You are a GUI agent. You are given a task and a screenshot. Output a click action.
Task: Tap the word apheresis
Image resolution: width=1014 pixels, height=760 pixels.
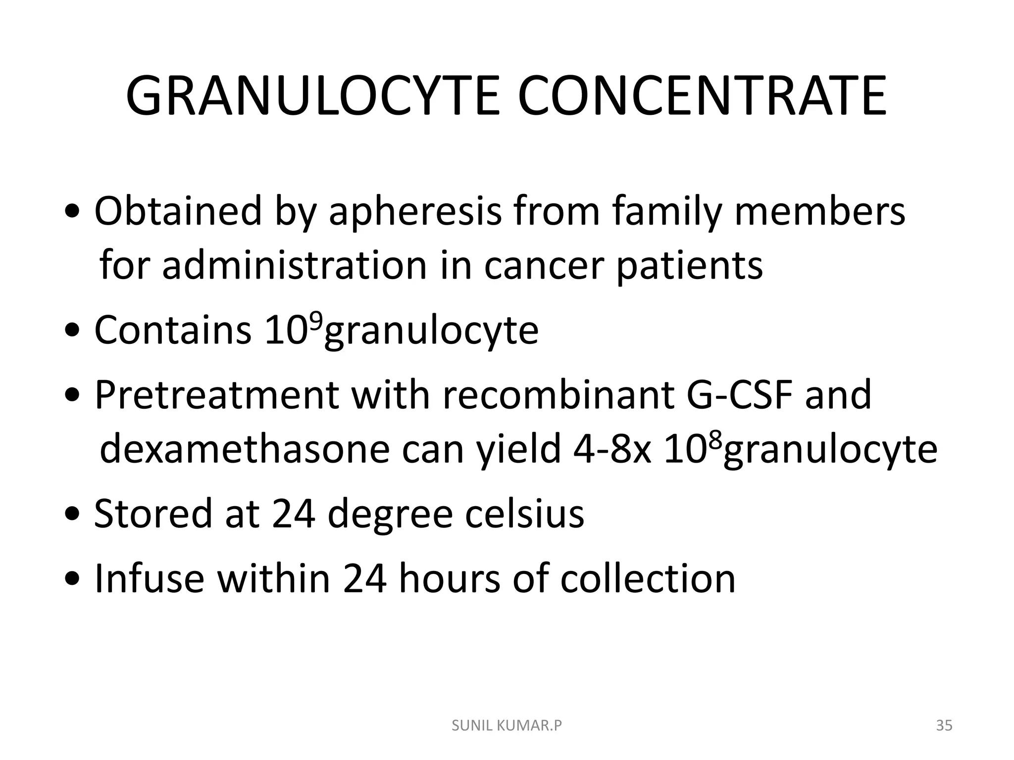415,212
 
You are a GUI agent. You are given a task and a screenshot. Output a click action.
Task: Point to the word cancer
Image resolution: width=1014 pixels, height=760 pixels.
543,266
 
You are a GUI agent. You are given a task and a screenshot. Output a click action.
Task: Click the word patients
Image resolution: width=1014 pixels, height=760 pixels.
689,266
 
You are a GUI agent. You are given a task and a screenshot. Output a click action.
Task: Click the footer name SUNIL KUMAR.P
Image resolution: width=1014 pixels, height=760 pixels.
507,726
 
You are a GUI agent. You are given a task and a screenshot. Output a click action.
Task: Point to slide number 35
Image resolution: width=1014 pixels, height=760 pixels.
944,726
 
